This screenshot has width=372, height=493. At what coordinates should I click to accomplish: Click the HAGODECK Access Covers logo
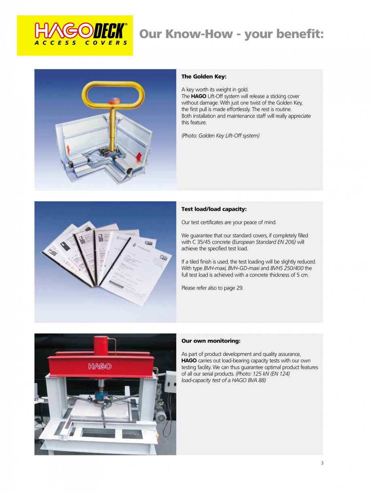click(75, 35)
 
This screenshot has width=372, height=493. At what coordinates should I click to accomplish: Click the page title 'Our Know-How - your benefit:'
click(231, 34)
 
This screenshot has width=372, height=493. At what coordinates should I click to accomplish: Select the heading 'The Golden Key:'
click(203, 76)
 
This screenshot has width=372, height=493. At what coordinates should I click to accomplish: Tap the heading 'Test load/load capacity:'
click(214, 209)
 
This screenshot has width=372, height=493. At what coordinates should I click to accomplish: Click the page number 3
click(322, 463)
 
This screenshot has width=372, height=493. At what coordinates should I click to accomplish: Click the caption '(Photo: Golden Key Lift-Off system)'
click(220, 135)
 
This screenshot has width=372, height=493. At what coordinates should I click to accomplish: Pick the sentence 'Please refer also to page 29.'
click(212, 288)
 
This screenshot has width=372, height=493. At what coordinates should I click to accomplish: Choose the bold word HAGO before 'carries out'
click(189, 361)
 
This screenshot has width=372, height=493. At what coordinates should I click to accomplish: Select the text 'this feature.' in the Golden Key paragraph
click(194, 123)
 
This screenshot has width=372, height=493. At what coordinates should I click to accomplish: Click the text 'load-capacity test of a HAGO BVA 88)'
click(224, 380)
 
